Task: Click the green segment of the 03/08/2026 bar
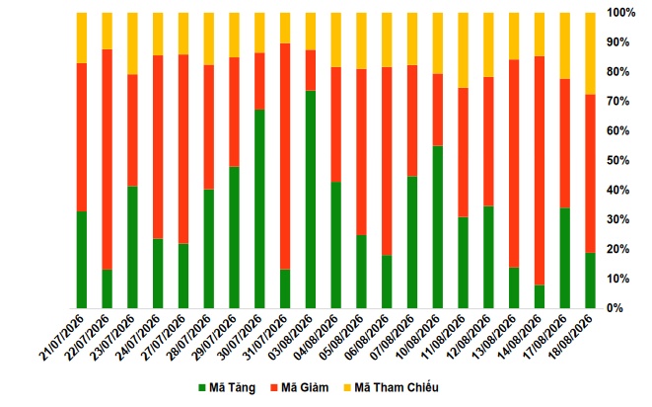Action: click(311, 200)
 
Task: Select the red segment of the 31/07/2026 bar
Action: click(285, 157)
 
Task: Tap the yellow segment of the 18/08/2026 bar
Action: click(590, 53)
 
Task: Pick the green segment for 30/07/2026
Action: click(259, 209)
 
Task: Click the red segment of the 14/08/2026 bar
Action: click(540, 171)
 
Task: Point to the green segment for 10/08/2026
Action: click(437, 227)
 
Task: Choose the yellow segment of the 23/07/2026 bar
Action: click(132, 43)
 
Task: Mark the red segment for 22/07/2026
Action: click(108, 160)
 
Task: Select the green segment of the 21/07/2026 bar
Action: click(82, 260)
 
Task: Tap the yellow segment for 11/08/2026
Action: click(464, 50)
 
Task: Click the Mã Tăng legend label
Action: click(232, 388)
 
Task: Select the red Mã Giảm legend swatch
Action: click(273, 388)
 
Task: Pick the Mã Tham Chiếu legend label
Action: click(397, 388)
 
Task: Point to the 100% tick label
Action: click(621, 13)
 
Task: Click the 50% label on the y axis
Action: click(617, 160)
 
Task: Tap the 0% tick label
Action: click(615, 308)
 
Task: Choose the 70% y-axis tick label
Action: click(617, 101)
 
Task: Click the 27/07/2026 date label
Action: click(162, 338)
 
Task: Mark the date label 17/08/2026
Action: click(543, 338)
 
